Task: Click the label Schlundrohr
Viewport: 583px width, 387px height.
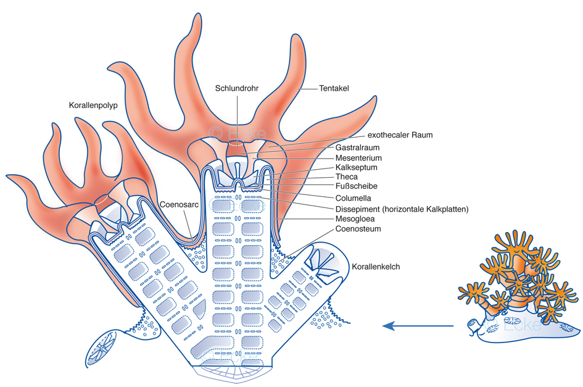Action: tap(236, 88)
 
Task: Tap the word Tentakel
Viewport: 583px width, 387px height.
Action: tap(334, 88)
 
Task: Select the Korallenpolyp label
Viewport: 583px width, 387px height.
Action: tap(93, 106)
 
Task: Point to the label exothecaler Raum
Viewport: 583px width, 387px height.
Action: tap(400, 135)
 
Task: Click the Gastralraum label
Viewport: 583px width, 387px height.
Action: tap(357, 148)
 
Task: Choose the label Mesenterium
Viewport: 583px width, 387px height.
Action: tap(359, 157)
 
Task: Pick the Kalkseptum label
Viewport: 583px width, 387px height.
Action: tap(356, 167)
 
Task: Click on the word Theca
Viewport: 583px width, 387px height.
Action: tap(346, 177)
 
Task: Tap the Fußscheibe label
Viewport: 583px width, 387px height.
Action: tap(356, 186)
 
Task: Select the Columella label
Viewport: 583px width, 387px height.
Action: tap(354, 198)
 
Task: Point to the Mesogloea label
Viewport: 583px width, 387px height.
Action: tap(355, 219)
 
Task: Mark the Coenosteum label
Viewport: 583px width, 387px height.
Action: tap(358, 229)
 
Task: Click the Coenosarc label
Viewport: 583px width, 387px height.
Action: tap(179, 204)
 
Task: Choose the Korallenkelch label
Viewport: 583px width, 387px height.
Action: tap(376, 267)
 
